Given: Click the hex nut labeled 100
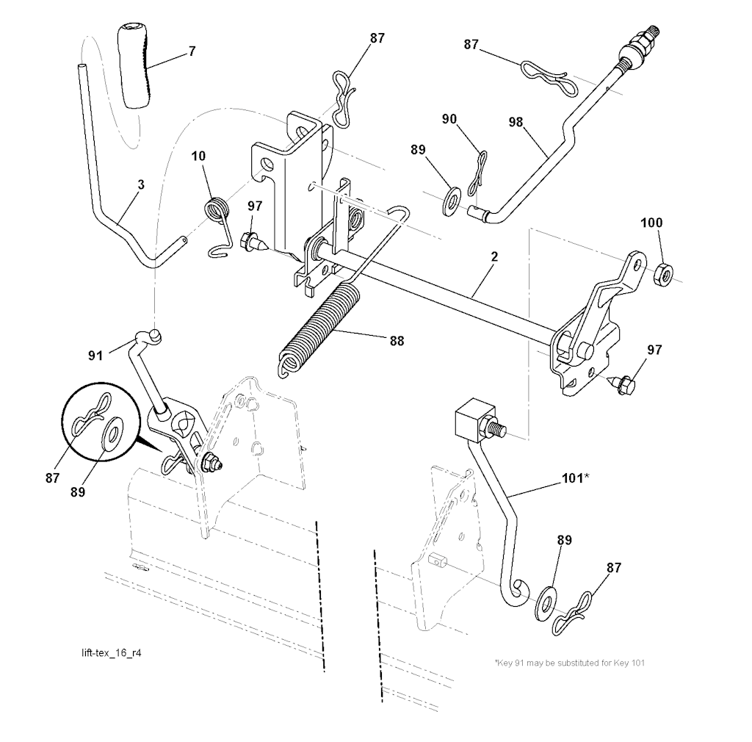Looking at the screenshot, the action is point(663,273).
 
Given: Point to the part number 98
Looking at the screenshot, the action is point(516,122).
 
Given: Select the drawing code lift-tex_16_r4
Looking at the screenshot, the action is point(112,653).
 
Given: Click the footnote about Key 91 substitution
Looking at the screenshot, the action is point(570,663).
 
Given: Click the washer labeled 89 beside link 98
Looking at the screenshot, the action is point(451,198).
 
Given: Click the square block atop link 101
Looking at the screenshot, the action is point(474,419).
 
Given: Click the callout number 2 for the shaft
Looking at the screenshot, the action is point(494,256).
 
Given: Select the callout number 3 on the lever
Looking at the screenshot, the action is point(141,184).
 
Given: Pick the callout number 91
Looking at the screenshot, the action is point(95,356).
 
